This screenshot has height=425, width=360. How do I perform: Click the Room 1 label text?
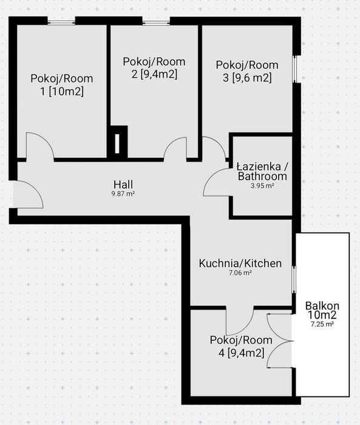click(x=62, y=85)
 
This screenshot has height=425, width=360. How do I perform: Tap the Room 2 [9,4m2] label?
click(x=154, y=68)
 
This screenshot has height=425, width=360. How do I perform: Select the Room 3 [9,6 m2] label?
click(x=247, y=71)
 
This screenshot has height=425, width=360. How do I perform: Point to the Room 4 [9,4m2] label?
click(x=241, y=346)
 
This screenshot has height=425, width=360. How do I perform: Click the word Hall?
click(x=123, y=185)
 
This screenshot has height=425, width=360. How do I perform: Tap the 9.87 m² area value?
click(x=123, y=194)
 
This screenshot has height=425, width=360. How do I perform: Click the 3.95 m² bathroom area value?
click(x=262, y=186)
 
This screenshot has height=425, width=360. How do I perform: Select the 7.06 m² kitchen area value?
click(x=240, y=273)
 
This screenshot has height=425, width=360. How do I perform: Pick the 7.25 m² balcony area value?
click(x=322, y=324)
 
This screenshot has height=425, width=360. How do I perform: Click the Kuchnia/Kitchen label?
click(x=240, y=263)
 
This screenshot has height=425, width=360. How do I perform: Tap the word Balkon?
click(x=322, y=306)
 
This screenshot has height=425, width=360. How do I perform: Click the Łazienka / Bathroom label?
click(x=262, y=171)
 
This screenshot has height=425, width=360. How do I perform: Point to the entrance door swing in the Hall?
click(x=28, y=194)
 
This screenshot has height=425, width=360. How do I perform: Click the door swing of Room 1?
click(x=40, y=146)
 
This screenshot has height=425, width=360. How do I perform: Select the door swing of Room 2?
click(x=175, y=148)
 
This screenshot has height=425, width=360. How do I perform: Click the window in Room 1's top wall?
click(x=61, y=21)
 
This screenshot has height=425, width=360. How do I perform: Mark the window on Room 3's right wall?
click(x=296, y=69)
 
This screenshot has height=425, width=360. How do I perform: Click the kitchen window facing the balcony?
click(x=294, y=279)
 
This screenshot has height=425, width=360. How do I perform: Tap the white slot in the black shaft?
click(x=117, y=144)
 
